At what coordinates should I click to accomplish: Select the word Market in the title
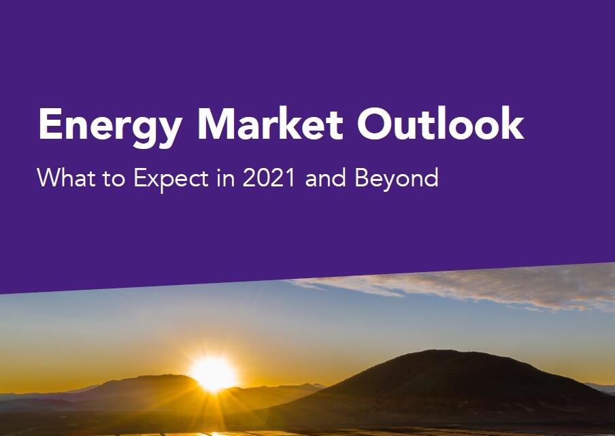pyautogui.click(x=271, y=123)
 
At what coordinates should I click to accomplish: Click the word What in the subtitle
pyautogui.click(x=66, y=178)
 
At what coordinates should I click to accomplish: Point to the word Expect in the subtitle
pyautogui.click(x=171, y=179)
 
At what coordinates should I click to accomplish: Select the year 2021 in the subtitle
pyautogui.click(x=269, y=178)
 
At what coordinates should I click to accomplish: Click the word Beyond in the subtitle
pyautogui.click(x=397, y=179)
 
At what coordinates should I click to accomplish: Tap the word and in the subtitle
pyautogui.click(x=326, y=178)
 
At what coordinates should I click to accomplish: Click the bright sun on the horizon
pyautogui.click(x=214, y=373)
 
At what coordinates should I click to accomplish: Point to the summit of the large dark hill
pyautogui.click(x=442, y=350)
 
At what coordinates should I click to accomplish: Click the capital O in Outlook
pyautogui.click(x=374, y=123)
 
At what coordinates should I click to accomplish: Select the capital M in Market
pyautogui.click(x=217, y=123)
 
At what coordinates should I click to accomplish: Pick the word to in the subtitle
pyautogui.click(x=114, y=179)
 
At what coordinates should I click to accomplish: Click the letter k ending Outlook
pyautogui.click(x=511, y=122)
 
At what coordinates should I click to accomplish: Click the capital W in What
pyautogui.click(x=50, y=178)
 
